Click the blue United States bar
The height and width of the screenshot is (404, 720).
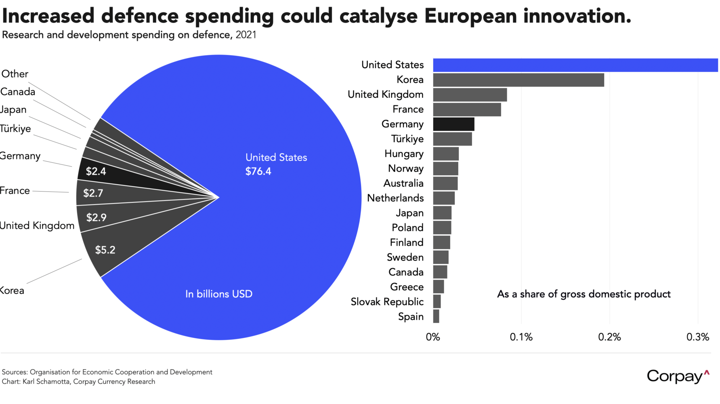coord(575,65)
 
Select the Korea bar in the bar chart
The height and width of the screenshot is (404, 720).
coord(518,80)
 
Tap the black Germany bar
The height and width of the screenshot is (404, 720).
coord(453,124)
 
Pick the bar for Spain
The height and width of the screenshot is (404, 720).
coord(436,316)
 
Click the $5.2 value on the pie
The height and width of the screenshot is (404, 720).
coord(105,250)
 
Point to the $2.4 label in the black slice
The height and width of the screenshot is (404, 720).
coord(96,171)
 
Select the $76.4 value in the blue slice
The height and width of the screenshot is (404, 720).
coord(258,171)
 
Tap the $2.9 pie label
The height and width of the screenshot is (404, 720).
coord(97,218)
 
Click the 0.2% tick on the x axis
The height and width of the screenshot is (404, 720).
coord(609,337)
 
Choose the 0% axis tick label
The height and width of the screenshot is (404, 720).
coord(433,337)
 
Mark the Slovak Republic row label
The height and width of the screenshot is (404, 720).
coord(387,302)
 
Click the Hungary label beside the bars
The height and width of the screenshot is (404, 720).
coord(404,154)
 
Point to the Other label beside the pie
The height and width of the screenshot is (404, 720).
coord(15,74)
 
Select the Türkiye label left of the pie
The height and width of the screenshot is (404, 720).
coord(15,129)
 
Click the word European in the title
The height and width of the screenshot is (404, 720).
coord(470,16)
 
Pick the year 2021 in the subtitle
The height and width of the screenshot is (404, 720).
coord(246,35)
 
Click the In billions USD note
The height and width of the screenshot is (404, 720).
coord(218,294)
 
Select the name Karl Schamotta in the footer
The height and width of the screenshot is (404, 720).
coord(46,382)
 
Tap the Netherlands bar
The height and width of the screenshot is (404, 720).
coord(444,198)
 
